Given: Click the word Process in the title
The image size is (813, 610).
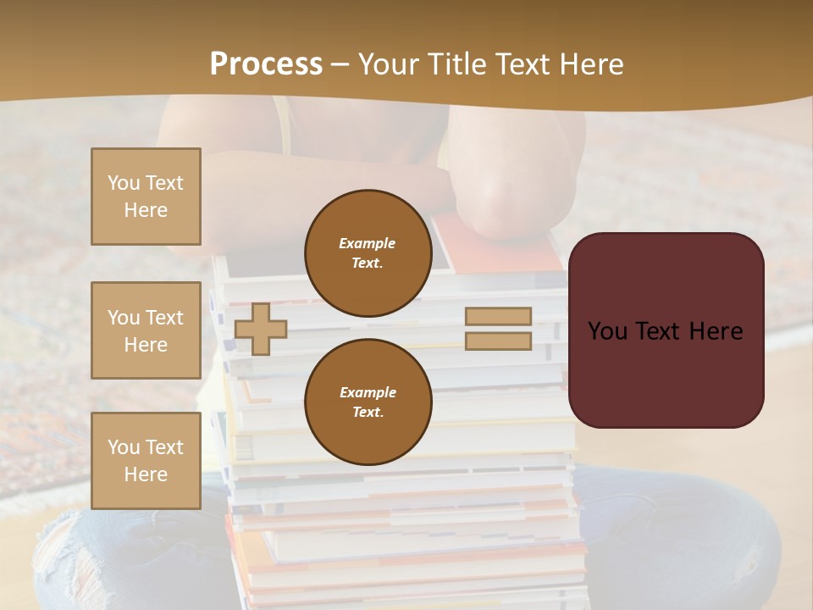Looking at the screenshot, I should coord(266,64).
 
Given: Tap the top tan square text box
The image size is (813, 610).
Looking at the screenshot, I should coord(146,197).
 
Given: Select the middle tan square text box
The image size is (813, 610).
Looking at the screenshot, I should coord(146,330).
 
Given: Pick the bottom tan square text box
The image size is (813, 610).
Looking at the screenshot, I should coord(146,461).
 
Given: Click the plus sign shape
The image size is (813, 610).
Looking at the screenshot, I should coord(261,328).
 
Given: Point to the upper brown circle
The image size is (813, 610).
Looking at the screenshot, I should coord(368,252).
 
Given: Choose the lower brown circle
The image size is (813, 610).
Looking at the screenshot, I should coord(368,402).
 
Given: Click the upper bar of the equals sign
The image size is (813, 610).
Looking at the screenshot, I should coord(498,317).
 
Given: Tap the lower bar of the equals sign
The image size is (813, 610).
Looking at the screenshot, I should coord(498,341).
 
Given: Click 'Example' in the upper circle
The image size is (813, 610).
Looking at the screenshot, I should coord(368,243).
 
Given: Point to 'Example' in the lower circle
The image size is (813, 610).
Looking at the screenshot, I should coord(368,392).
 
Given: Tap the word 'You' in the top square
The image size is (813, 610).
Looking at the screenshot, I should coord(123,183).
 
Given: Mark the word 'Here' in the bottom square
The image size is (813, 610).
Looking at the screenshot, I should coord(146,474).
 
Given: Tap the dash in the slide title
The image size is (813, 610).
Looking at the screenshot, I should coord(340,64).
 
